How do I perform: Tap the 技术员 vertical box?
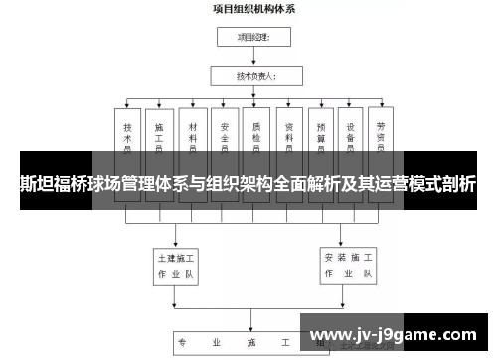coord(127,134)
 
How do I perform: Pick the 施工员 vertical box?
coord(158,134)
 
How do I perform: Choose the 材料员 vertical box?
coord(191,134)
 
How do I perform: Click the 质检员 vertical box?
coord(256,134)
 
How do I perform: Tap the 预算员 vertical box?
coord(321,134)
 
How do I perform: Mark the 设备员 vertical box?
coord(353,134)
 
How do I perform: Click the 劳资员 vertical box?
coord(383,134)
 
